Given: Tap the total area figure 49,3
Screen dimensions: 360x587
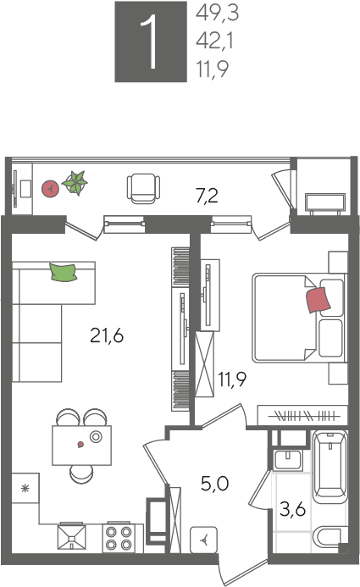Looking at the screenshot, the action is pyautogui.click(x=217, y=14).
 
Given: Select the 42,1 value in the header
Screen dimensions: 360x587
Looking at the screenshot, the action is pyautogui.click(x=214, y=41).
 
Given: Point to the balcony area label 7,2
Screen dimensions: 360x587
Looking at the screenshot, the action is pyautogui.click(x=207, y=196).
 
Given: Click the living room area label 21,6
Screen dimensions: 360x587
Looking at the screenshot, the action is pyautogui.click(x=107, y=335).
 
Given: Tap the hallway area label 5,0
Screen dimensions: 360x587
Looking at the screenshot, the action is pyautogui.click(x=215, y=484).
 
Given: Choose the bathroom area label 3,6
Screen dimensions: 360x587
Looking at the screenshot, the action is pyautogui.click(x=292, y=510).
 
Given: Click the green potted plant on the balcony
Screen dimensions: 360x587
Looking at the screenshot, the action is pyautogui.click(x=75, y=183).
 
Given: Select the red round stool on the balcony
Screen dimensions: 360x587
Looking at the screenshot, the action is pyautogui.click(x=50, y=189).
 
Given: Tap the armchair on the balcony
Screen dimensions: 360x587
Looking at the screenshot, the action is pyautogui.click(x=143, y=189).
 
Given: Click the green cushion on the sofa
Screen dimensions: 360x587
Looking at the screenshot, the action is pyautogui.click(x=64, y=272).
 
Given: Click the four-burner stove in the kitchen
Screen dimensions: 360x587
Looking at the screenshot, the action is pyautogui.click(x=119, y=538).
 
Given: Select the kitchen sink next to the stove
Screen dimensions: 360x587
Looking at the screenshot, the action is pyautogui.click(x=71, y=538).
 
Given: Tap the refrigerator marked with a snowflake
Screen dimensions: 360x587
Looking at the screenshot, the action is pyautogui.click(x=25, y=488).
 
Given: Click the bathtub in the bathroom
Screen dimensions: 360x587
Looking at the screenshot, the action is pyautogui.click(x=330, y=467).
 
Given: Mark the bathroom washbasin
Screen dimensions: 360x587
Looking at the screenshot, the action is pyautogui.click(x=287, y=460).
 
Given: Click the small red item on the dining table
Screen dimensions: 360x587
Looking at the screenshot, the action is pyautogui.click(x=80, y=445).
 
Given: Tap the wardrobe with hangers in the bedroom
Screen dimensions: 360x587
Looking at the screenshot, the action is pyautogui.click(x=302, y=416).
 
